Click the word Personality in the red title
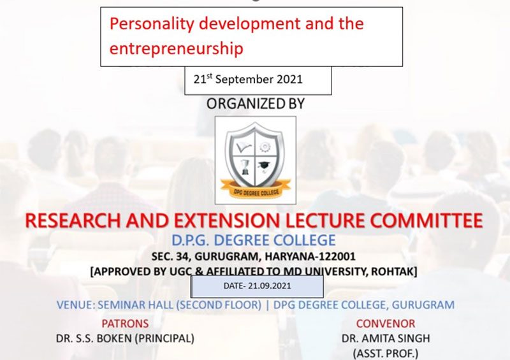click(152, 24)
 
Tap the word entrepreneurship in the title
click(177, 49)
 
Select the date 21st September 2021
click(248, 79)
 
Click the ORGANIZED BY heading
click(256, 104)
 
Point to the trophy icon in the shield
click(245, 167)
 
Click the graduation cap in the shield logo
click(264, 166)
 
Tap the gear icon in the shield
click(265, 147)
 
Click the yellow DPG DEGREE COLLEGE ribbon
click(256, 190)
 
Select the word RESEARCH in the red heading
click(73, 220)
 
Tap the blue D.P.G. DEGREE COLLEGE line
click(253, 240)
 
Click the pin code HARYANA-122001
click(310, 257)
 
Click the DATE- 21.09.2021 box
click(257, 287)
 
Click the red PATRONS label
click(125, 324)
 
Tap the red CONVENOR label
click(386, 324)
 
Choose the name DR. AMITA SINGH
click(386, 338)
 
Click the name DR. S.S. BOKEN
click(94, 338)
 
